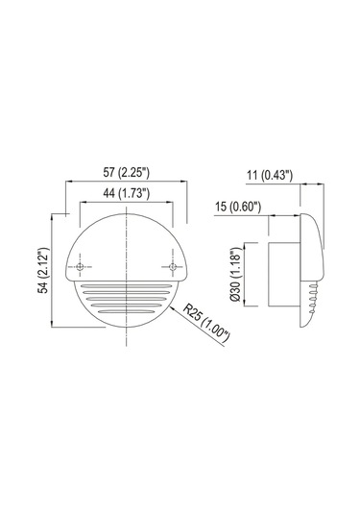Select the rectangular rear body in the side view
(x=281, y=276)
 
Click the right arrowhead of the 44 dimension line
(x=170, y=204)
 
